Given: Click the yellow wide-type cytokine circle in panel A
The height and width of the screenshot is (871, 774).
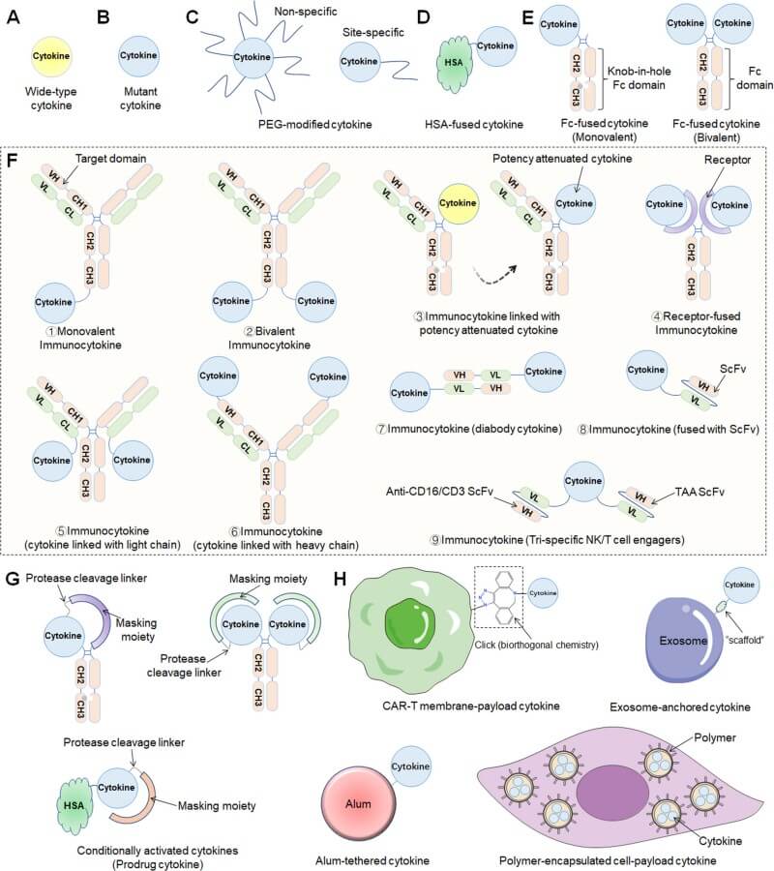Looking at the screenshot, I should [x=51, y=55].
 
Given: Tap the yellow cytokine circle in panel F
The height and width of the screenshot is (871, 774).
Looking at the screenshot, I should [x=460, y=204].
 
